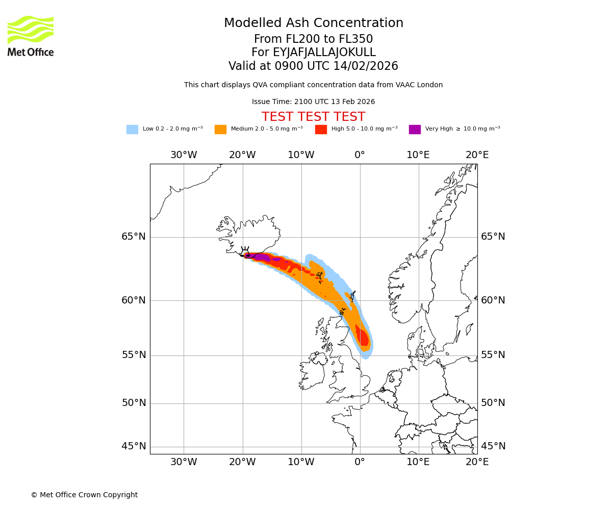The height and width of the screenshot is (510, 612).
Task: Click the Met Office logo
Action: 31,36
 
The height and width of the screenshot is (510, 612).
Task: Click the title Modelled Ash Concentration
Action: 314,23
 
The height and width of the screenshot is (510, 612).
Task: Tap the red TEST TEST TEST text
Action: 313,117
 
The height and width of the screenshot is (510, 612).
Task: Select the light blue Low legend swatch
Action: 132,130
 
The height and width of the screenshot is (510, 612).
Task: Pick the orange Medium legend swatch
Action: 220,130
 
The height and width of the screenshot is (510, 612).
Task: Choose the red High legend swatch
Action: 321,130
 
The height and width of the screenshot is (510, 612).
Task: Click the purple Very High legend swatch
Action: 415,130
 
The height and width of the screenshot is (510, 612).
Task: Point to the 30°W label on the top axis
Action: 184,155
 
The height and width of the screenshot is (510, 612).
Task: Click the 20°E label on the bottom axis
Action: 477,462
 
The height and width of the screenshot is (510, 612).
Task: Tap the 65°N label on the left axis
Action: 134,237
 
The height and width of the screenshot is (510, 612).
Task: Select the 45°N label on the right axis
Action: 493,446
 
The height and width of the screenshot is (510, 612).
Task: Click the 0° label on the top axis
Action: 360,155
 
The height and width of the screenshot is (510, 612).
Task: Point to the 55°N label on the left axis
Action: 134,355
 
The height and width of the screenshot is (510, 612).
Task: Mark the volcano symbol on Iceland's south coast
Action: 245,250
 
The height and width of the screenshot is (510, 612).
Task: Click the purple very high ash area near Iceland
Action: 261,257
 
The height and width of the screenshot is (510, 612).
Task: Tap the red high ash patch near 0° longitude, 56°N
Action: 363,337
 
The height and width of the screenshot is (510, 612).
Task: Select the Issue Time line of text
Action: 313,102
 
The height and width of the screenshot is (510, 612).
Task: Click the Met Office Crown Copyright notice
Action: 84,495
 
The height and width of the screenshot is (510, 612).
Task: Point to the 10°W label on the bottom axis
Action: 301,462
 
